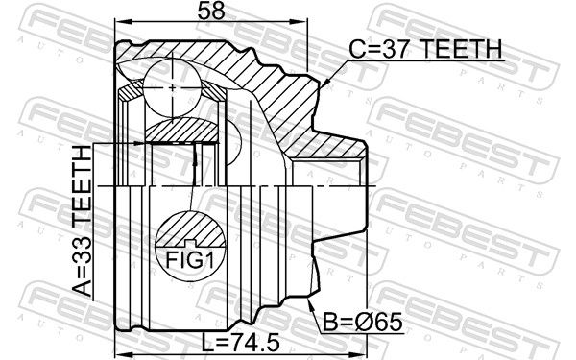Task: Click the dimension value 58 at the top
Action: point(211,11)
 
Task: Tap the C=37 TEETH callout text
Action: point(425,49)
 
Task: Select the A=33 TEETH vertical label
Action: point(82,221)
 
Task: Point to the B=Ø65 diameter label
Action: point(363,323)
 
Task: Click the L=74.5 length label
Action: point(241,342)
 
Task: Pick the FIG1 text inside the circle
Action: point(190,260)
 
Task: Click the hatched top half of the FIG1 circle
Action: point(190,228)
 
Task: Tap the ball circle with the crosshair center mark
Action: point(172,88)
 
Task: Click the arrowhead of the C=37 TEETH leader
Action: point(324,83)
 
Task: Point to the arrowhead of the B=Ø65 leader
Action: point(309,302)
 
